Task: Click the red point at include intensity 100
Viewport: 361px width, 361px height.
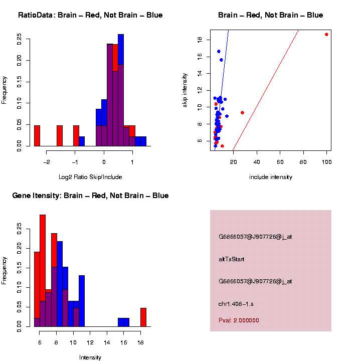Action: (x=326, y=35)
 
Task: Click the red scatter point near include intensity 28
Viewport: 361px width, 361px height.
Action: (x=242, y=113)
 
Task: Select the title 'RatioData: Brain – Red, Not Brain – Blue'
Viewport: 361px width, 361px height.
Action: (x=90, y=15)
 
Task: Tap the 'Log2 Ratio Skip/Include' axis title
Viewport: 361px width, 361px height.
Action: (x=91, y=176)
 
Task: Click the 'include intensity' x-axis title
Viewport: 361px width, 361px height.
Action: (x=270, y=177)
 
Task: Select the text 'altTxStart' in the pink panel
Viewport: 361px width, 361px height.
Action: (x=231, y=259)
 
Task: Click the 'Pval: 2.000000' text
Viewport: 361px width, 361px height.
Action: (x=239, y=320)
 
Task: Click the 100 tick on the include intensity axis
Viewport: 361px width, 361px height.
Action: (x=326, y=161)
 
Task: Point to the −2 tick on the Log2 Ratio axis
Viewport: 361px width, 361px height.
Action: (x=47, y=161)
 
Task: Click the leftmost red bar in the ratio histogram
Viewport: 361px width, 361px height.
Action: (x=37, y=135)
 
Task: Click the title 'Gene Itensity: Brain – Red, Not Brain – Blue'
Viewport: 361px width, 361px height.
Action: (x=90, y=196)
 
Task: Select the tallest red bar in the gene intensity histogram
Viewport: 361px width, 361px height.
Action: (x=43, y=271)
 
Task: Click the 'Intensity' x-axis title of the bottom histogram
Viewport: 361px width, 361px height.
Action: (x=90, y=357)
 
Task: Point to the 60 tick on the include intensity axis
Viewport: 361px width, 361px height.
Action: (x=280, y=161)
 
